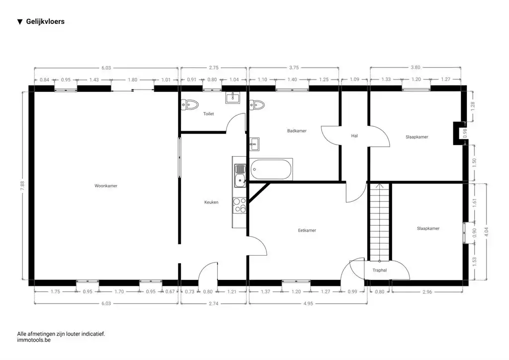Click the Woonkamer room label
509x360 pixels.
tap(106, 186)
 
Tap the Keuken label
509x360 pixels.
tap(211, 202)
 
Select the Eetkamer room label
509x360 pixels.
tap(307, 230)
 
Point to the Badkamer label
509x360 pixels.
tap(297, 131)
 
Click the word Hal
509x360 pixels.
tap(354, 135)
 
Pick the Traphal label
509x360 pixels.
tap(379, 270)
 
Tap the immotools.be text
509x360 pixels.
tap(34, 341)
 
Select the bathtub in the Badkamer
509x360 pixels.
tap(271, 169)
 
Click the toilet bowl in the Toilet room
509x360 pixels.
tap(190, 104)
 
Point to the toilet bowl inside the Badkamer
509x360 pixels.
tap(257, 104)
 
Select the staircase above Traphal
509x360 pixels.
tap(379, 222)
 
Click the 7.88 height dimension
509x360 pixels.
tap(22, 185)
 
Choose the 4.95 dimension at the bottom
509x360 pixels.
tap(308, 302)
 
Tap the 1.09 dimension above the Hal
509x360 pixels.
tap(354, 80)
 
